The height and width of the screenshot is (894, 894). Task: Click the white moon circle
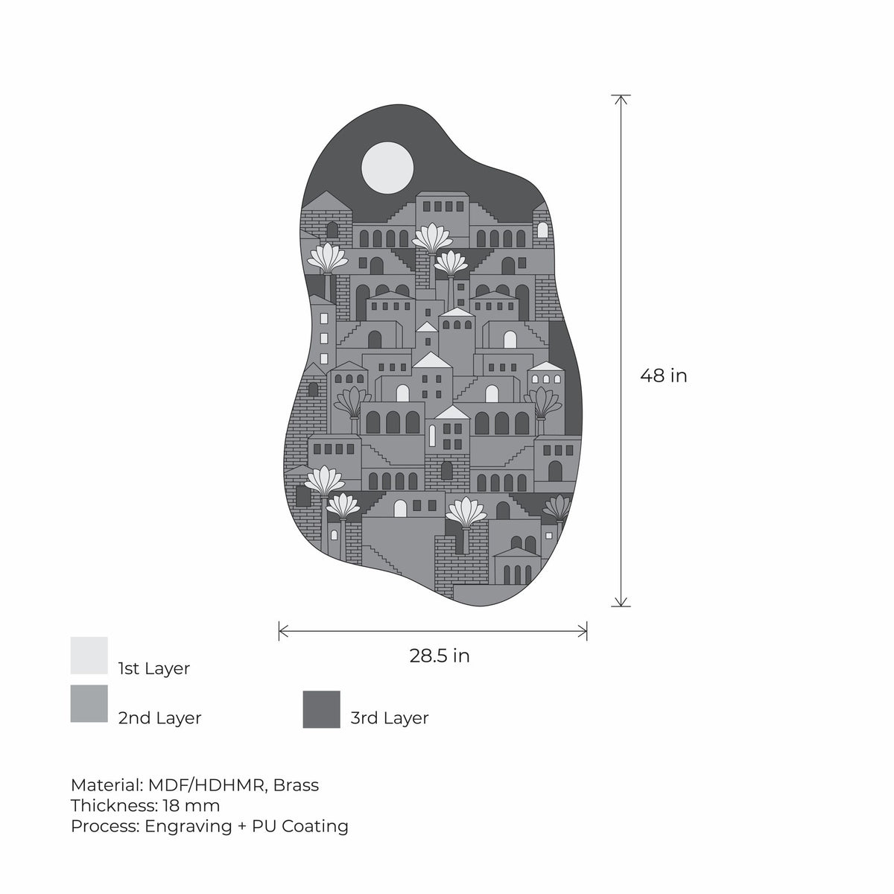pyautogui.click(x=387, y=168)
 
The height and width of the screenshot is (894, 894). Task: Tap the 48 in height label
pyautogui.click(x=663, y=375)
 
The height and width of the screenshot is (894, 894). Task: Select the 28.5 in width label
pyautogui.click(x=440, y=656)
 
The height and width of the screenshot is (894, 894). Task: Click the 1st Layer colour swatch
pyautogui.click(x=89, y=655)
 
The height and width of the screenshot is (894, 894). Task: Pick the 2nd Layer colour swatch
pyautogui.click(x=89, y=703)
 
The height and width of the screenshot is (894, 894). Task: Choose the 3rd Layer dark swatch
pyautogui.click(x=322, y=709)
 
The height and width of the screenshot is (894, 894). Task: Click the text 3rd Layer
pyautogui.click(x=389, y=717)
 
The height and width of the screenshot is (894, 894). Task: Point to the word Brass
pyautogui.click(x=296, y=785)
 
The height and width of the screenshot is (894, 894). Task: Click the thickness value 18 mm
pyautogui.click(x=191, y=805)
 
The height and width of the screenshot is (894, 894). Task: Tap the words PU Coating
pyautogui.click(x=299, y=825)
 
